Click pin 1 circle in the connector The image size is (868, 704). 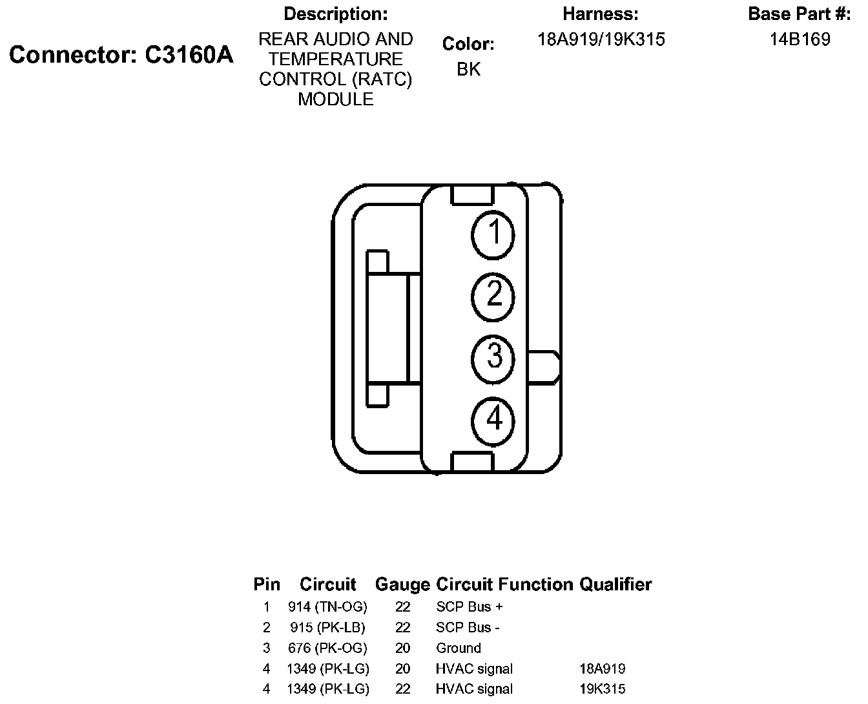point(494,234)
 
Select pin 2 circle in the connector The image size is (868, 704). point(494,296)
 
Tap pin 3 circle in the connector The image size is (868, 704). point(494,357)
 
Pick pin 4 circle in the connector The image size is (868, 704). point(494,420)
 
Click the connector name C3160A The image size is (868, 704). point(188,56)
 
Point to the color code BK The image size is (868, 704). point(468,69)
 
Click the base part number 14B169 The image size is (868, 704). point(800,39)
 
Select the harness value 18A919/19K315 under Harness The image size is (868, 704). point(601,39)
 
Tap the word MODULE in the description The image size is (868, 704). point(335,99)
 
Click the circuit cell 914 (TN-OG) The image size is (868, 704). point(327,606)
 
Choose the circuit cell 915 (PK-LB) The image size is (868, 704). point(327,627)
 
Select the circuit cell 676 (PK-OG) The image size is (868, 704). point(327,648)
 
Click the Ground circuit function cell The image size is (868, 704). point(459,648)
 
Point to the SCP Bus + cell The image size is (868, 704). point(470,606)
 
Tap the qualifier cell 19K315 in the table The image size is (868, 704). point(603,689)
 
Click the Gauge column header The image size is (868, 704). point(402,585)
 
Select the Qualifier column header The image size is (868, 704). point(615,585)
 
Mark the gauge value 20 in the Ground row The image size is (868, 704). point(403,648)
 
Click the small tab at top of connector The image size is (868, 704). point(472,194)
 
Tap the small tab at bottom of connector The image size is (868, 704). point(472,462)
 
